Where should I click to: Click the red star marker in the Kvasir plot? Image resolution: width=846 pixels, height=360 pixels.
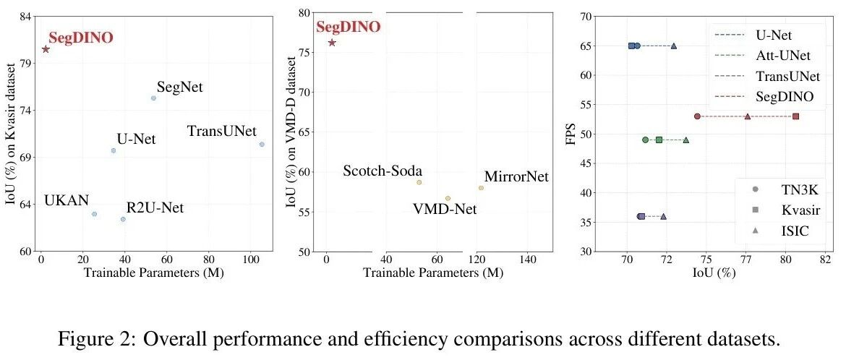click(x=46, y=49)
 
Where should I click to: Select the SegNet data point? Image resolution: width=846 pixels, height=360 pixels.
click(x=153, y=98)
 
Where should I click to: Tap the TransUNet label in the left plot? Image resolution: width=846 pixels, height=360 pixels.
click(x=221, y=131)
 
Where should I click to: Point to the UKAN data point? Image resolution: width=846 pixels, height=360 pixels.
click(x=94, y=214)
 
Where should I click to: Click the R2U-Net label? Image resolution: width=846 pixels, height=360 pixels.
click(x=155, y=208)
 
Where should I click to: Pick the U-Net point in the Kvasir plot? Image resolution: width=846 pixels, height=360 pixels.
click(x=114, y=150)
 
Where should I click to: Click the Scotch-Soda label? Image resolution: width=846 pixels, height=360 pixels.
click(x=383, y=171)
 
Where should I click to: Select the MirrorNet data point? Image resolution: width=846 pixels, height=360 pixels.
click(x=481, y=188)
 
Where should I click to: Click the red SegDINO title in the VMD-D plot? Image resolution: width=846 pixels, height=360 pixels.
click(x=349, y=27)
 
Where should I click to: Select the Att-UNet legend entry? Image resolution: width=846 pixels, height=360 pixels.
click(x=783, y=55)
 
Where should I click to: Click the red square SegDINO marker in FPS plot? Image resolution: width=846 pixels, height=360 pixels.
click(x=796, y=116)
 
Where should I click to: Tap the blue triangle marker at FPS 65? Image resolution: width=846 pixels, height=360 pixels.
click(x=674, y=46)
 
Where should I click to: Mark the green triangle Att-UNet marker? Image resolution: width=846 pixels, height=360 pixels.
click(x=686, y=140)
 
